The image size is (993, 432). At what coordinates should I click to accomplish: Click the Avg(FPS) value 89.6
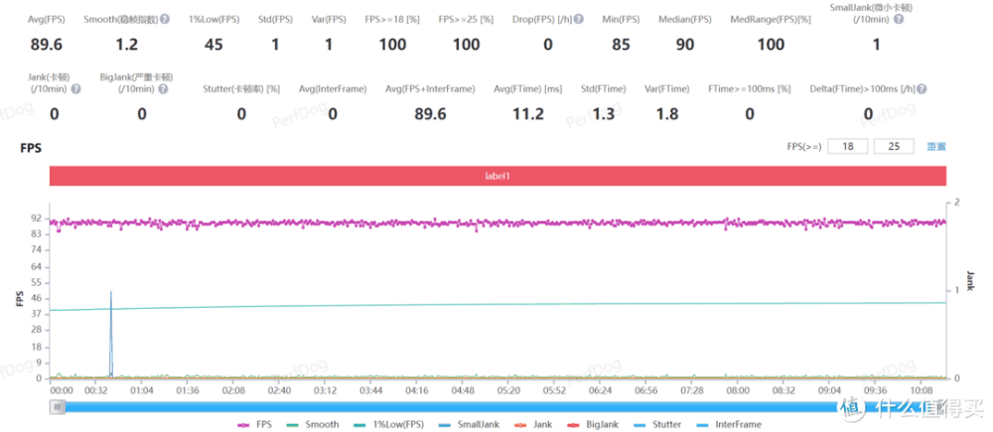[x=48, y=45]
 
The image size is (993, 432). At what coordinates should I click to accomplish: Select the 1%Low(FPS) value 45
[x=213, y=45]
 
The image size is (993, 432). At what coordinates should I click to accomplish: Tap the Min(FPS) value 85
[x=621, y=45]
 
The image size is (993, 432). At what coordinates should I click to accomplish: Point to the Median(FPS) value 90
[x=685, y=45]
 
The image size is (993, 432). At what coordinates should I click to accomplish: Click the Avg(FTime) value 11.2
[x=526, y=114]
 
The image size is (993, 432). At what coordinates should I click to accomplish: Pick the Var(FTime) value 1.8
[x=666, y=114]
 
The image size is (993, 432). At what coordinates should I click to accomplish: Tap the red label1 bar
[x=496, y=175]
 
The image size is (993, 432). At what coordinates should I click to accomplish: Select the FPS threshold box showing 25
[x=894, y=147]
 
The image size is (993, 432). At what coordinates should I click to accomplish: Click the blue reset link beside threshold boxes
[x=936, y=147]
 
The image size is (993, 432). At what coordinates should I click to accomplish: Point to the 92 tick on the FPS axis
[x=36, y=217]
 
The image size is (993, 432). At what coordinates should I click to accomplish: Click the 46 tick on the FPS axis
[x=36, y=298]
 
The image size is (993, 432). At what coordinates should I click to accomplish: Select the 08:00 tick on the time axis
[x=738, y=391]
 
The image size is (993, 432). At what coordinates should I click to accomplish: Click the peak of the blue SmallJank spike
[x=110, y=293]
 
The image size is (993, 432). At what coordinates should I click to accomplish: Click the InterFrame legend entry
[x=731, y=424]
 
